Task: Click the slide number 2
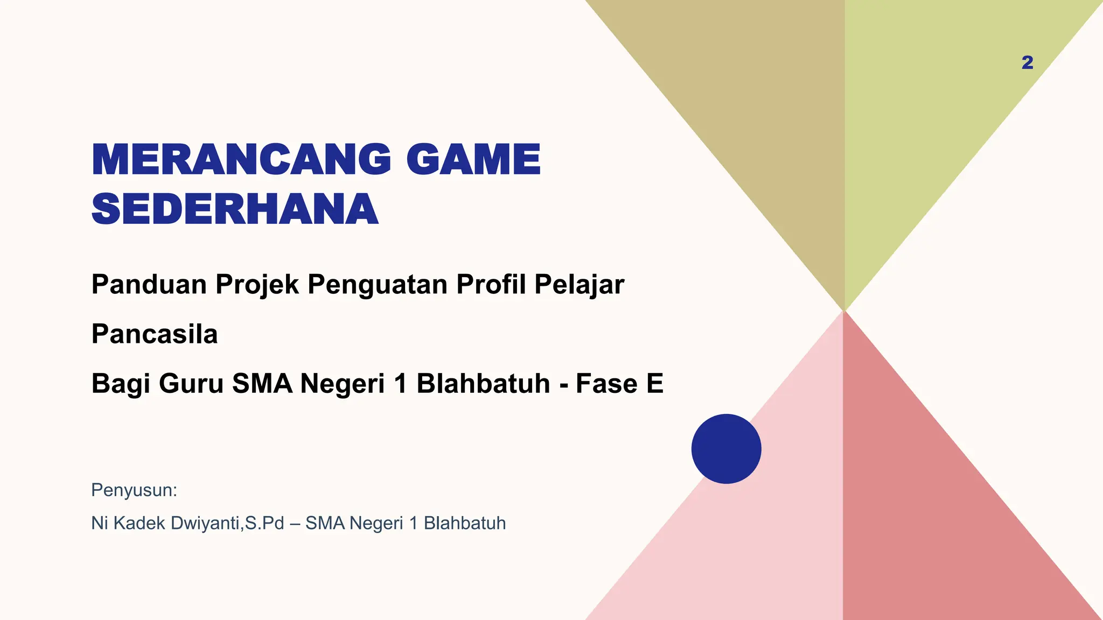(x=1027, y=63)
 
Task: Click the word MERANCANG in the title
(x=241, y=160)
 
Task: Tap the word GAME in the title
(x=473, y=160)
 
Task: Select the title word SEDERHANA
(x=235, y=209)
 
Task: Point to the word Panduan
(x=149, y=284)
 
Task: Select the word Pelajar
(x=579, y=285)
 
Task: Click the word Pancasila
(x=155, y=334)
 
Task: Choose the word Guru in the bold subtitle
(x=191, y=384)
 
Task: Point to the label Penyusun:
(x=134, y=490)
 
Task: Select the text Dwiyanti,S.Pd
(x=227, y=523)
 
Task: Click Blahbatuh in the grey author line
(x=465, y=523)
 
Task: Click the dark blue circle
(x=726, y=449)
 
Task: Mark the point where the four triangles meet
(x=844, y=311)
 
